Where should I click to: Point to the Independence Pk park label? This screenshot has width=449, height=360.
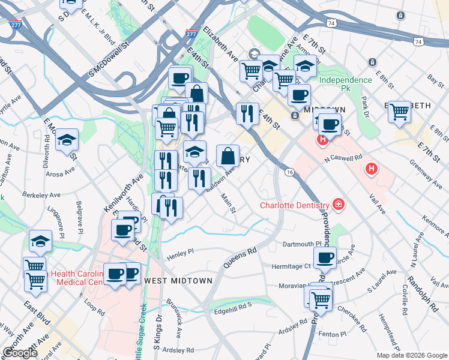[x=345, y=84]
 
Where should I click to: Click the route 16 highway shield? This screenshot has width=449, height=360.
[x=289, y=172]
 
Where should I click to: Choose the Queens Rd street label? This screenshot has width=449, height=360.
[x=240, y=257]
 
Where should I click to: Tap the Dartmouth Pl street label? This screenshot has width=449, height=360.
[x=303, y=244]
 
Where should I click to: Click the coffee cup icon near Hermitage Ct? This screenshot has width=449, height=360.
[x=325, y=258]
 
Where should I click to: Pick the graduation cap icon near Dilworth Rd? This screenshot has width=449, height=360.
[x=67, y=140]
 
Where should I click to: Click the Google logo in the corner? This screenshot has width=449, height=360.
[x=20, y=353]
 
